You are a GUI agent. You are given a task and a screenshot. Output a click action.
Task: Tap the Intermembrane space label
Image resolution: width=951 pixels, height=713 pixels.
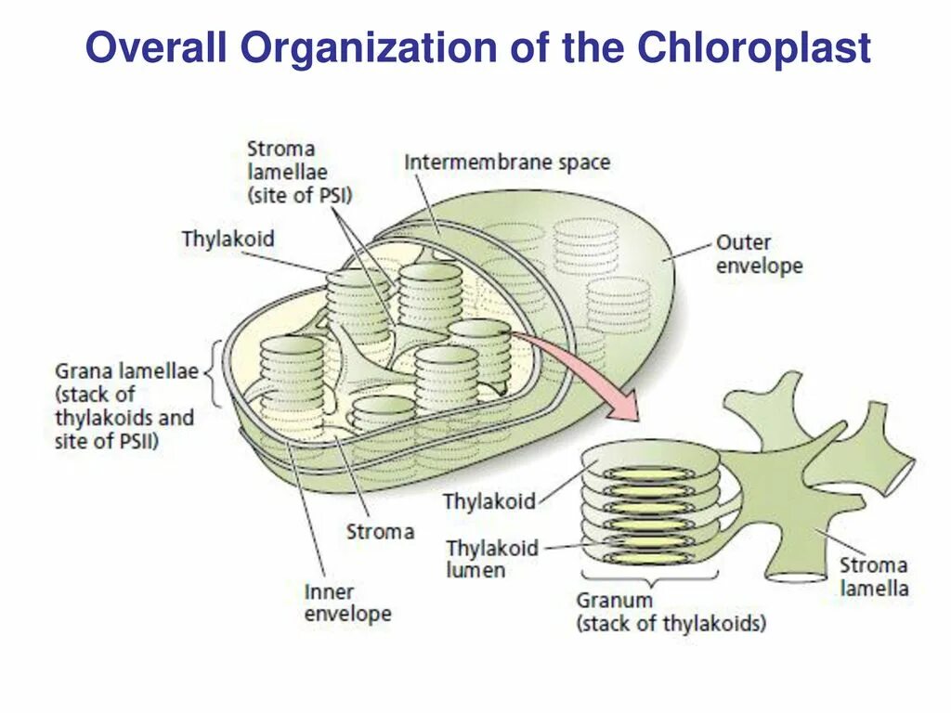pos(507,162)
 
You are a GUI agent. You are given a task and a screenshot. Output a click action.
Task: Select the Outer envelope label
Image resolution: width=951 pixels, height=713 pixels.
pos(758,254)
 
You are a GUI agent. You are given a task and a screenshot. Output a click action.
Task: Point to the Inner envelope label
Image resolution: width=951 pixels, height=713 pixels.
pos(347,603)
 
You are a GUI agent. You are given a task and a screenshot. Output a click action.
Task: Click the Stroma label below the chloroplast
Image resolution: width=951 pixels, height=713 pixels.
pos(380,532)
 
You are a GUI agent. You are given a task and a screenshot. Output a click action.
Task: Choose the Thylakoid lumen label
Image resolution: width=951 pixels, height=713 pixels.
pos(491,559)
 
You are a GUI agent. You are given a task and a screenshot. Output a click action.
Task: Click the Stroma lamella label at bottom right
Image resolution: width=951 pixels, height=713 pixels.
pos(874,577)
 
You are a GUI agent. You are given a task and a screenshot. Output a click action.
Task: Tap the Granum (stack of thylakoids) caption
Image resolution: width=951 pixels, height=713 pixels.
pos(671,612)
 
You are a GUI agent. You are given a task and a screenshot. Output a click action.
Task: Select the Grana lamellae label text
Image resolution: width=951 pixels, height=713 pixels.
pos(126,407)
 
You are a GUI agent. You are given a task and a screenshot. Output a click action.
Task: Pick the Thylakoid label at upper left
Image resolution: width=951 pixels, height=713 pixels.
pos(228,239)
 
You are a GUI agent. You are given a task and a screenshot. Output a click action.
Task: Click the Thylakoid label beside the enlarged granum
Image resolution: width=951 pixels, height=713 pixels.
pos(489,501)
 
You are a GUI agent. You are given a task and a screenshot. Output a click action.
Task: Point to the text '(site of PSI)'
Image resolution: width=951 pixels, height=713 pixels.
pos(299,195)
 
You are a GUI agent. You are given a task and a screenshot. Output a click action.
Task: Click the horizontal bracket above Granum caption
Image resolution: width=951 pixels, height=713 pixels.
pos(649,582)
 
